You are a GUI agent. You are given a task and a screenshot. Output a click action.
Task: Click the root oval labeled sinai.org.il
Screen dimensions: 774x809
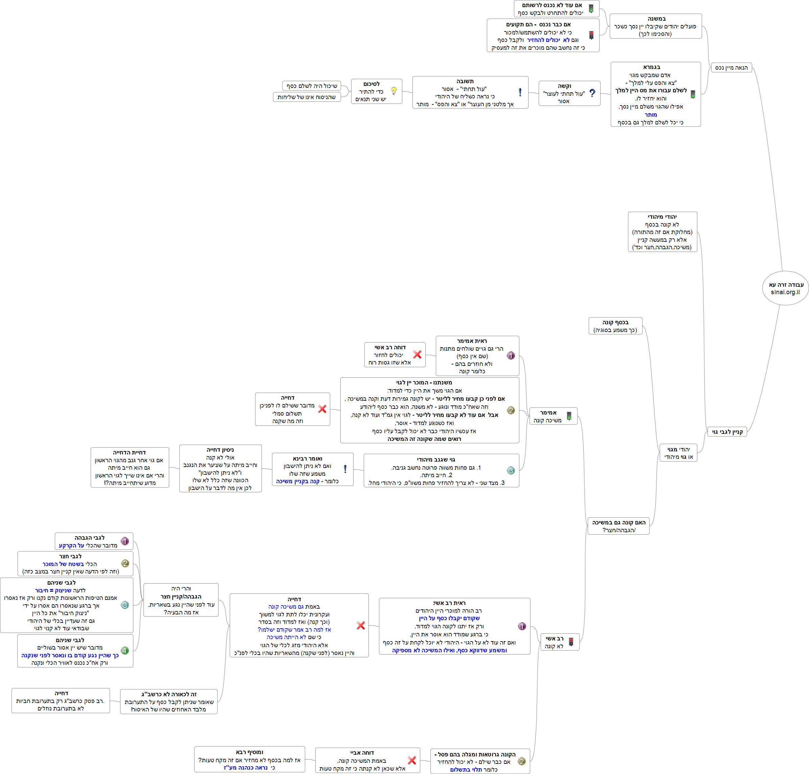coord(785,288)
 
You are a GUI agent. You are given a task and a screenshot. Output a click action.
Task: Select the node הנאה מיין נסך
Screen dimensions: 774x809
coord(732,68)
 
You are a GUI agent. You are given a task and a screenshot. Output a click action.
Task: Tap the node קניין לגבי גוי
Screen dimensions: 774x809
coord(727,431)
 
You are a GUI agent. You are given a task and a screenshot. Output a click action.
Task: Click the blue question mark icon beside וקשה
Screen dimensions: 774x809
coord(592,93)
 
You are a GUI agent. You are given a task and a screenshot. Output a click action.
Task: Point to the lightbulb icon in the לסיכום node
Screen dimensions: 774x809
coord(394,91)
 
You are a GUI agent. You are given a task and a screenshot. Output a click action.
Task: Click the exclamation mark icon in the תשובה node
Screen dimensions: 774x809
coord(520,92)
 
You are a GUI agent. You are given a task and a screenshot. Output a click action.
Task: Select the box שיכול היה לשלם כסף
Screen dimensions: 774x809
coord(312,86)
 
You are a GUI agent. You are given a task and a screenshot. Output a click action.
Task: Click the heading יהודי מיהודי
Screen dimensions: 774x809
coord(662,217)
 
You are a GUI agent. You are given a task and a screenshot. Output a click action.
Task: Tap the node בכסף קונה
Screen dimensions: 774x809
coord(615,326)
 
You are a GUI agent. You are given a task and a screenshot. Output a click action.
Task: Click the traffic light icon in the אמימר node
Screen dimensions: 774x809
coord(569,416)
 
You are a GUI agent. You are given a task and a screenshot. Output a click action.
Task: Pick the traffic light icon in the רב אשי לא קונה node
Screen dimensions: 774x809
coord(571,642)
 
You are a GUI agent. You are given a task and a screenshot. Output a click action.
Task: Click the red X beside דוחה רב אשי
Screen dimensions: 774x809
coord(417,354)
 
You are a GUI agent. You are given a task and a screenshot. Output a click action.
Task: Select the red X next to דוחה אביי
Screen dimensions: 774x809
coord(411,760)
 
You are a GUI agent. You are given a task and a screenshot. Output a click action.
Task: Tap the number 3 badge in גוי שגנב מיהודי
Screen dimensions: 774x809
coord(511,470)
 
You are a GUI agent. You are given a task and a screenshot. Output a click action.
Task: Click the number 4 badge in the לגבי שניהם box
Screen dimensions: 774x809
coord(125,651)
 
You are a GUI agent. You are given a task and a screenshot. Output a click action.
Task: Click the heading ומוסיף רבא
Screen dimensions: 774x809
coord(249,752)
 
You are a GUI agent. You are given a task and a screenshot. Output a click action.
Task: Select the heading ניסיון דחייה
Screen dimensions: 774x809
coord(220,450)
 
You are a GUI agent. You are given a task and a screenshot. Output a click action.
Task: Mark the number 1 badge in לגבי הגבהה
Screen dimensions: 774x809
coord(125,541)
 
